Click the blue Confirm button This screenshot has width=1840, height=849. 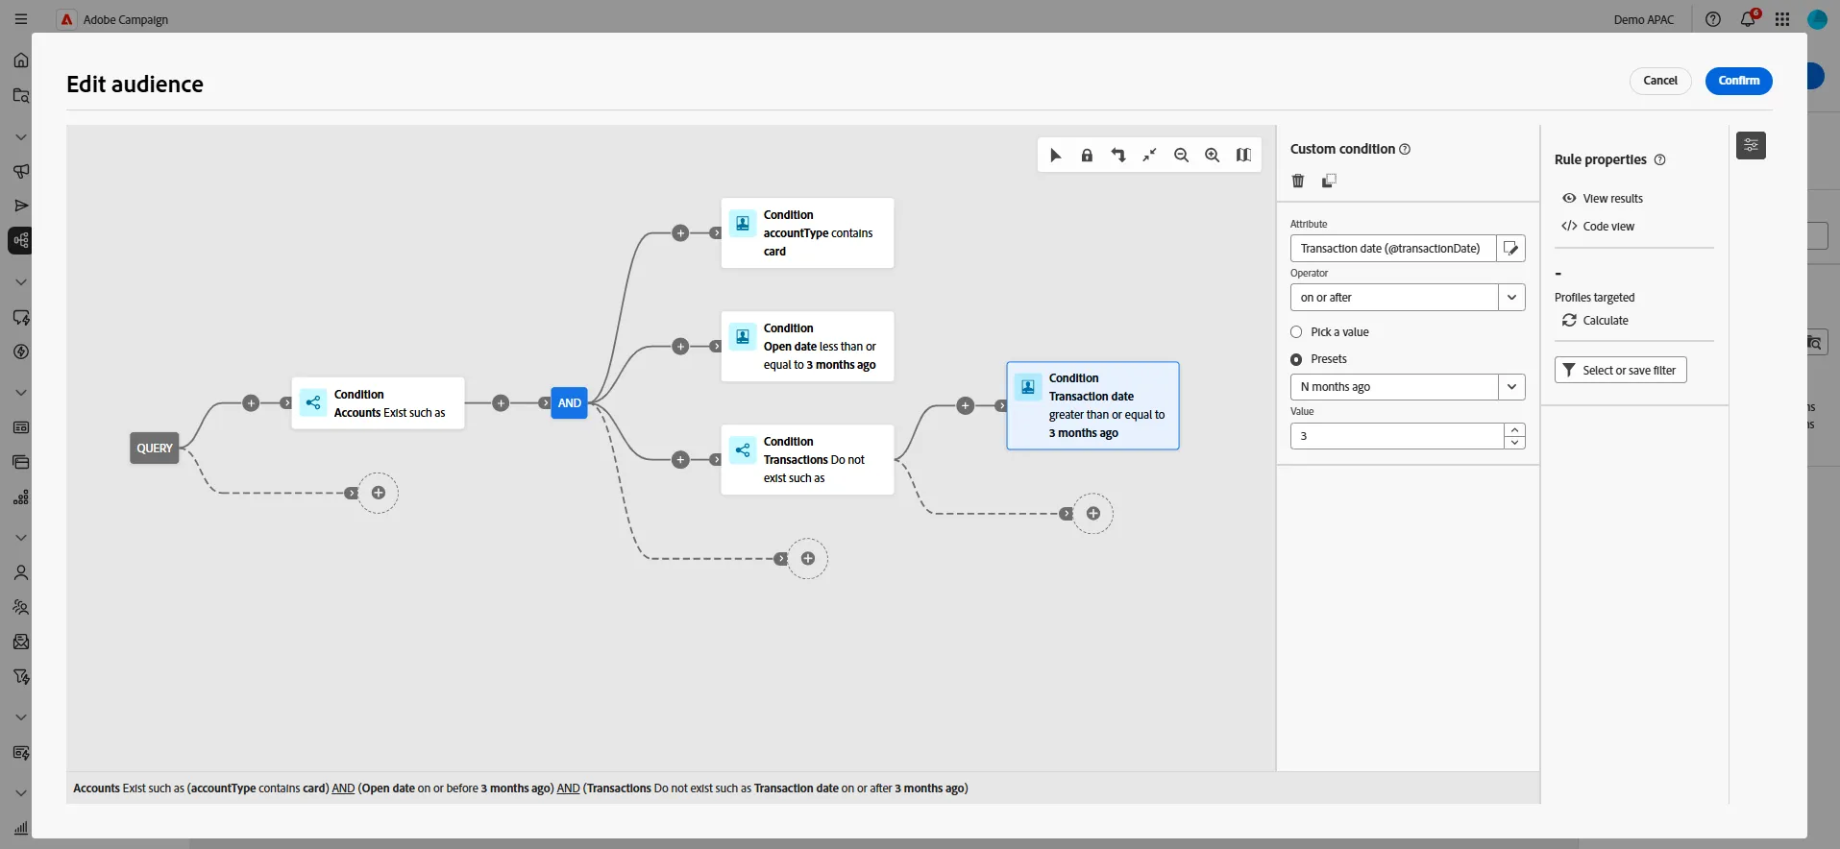point(1738,81)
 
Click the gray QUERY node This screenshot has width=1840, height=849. point(155,449)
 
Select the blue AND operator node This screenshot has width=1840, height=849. point(569,403)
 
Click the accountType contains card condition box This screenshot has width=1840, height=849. point(807,233)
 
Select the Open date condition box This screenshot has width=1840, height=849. point(807,347)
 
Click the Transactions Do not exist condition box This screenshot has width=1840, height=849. point(807,460)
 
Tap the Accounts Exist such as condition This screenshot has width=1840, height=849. point(378,403)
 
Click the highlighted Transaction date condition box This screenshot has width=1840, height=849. point(1092,405)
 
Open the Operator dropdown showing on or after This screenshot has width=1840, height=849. point(1408,298)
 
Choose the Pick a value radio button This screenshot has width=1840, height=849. point(1296,332)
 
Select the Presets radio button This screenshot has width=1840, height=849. point(1296,359)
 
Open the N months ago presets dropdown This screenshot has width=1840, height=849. point(1408,387)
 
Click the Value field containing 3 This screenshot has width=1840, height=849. point(1397,436)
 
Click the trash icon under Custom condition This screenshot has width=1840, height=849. point(1298,181)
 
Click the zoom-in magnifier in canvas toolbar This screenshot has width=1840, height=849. point(1213,156)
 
